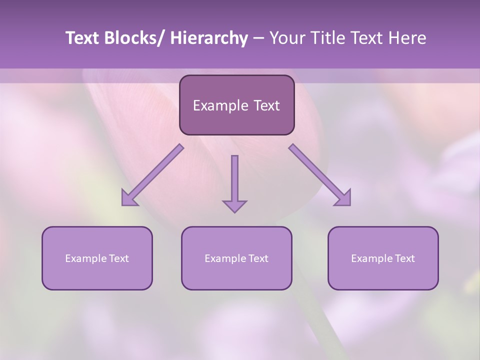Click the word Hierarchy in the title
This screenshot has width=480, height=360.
click(209, 38)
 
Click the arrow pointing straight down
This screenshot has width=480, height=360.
click(234, 182)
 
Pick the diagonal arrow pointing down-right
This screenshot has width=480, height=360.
click(319, 175)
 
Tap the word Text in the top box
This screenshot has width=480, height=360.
click(265, 105)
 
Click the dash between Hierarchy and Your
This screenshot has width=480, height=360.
click(258, 38)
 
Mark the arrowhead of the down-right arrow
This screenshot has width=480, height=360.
click(343, 198)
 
